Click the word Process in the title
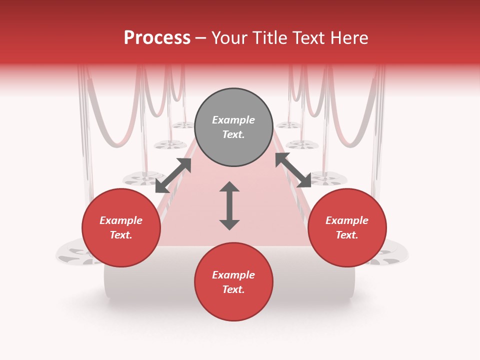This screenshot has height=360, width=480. point(157,37)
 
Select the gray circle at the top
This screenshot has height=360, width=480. point(233,127)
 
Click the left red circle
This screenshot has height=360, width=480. point(121,228)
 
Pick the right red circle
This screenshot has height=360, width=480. point(347,228)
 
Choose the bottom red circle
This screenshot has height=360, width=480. point(233,282)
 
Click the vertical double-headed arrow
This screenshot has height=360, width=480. point(229,205)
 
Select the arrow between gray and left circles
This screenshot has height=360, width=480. point(173,175)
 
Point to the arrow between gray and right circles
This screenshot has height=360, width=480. point(293,170)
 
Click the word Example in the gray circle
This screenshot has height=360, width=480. point(233,120)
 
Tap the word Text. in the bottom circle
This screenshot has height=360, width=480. point(233,289)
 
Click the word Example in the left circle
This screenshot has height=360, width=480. point(121,220)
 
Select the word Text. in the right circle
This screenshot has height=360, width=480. point(347,235)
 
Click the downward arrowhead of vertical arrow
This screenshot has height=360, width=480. point(229,224)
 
